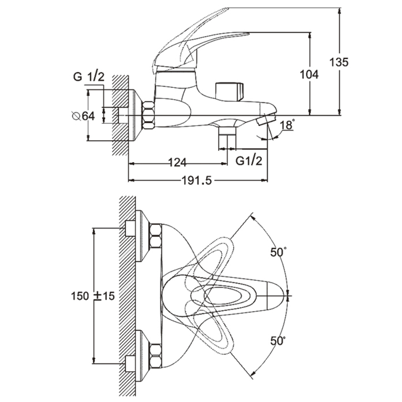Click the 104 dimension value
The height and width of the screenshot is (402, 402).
click(309, 74)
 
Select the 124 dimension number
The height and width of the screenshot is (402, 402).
click(177, 162)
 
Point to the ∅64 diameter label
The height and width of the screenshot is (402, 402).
click(83, 116)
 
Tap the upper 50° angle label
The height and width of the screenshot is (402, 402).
click(277, 253)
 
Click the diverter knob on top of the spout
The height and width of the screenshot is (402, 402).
click(229, 91)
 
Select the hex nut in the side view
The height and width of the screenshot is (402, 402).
click(149, 115)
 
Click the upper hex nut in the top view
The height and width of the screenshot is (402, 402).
click(155, 237)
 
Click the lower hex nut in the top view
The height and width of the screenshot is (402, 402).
click(155, 355)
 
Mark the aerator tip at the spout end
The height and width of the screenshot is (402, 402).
click(264, 121)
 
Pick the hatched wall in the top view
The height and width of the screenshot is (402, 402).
click(127, 296)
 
